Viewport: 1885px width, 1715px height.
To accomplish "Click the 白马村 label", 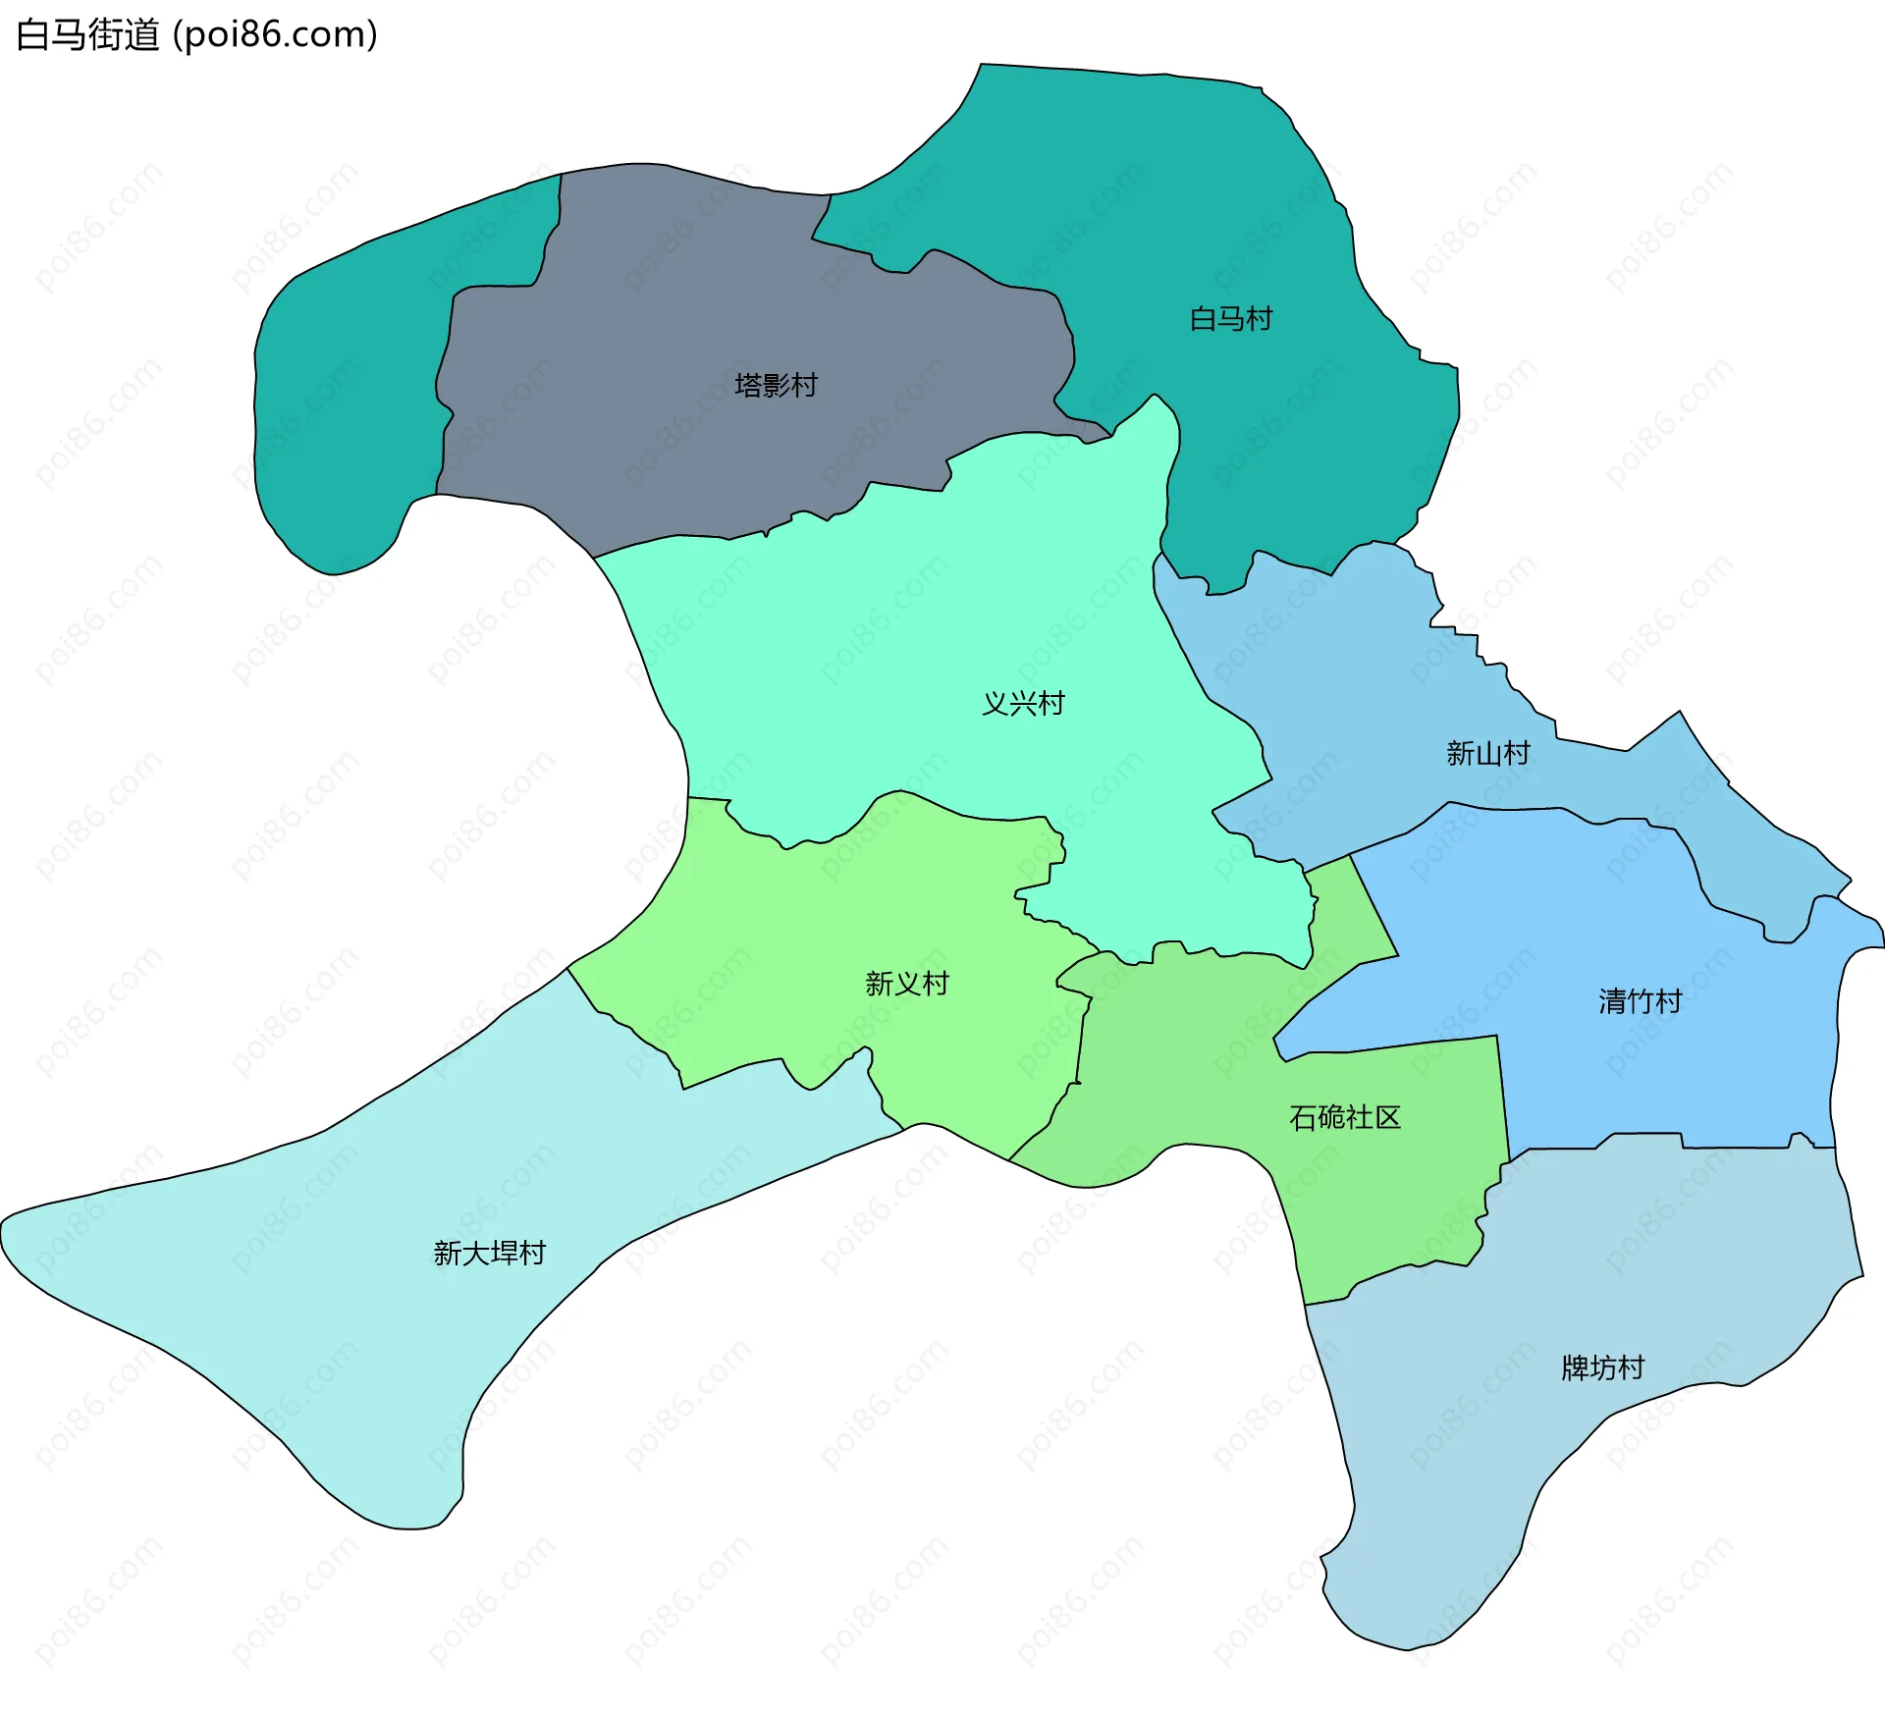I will click(x=1230, y=319).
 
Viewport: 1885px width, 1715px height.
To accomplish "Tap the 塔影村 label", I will click(x=776, y=385).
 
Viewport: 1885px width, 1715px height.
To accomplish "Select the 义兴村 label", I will click(x=1023, y=703).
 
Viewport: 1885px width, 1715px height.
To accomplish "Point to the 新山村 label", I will click(x=1487, y=753).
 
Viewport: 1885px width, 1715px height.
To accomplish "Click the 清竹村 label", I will click(x=1640, y=1001).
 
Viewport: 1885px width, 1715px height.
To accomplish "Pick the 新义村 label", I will click(x=906, y=983).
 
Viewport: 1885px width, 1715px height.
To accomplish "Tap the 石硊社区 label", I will click(x=1344, y=1117).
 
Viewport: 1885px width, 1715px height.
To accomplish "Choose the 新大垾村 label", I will click(x=489, y=1253).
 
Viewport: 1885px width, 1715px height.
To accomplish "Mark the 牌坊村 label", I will click(x=1602, y=1367).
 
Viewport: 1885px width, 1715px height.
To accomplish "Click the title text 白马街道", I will click(x=88, y=35).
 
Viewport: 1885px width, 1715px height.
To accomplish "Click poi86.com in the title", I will click(x=275, y=35).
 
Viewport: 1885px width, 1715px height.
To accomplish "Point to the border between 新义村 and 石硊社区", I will click(x=1081, y=1041).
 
